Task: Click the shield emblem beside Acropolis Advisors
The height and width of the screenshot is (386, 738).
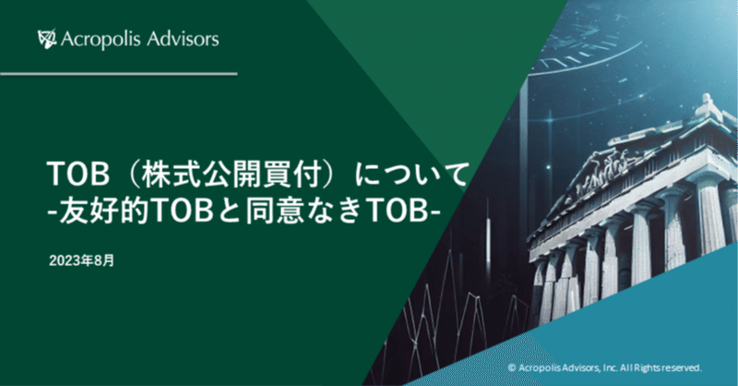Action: [47, 39]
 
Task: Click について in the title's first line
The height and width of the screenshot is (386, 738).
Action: [412, 173]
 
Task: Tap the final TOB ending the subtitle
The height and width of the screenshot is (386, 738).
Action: [393, 211]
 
